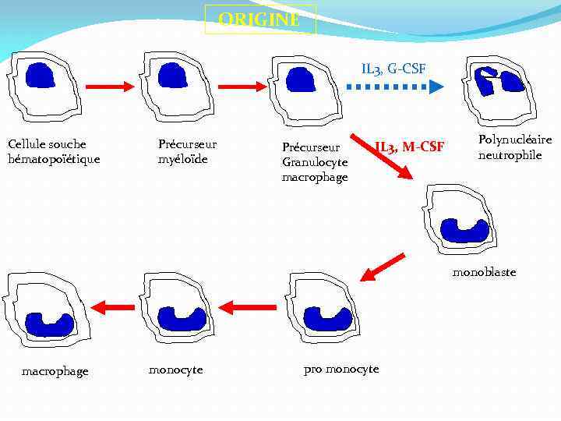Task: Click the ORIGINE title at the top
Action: coord(259,19)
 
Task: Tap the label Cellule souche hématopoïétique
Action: coord(54,151)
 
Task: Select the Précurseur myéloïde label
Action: coord(187,151)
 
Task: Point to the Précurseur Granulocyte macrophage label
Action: coord(315,162)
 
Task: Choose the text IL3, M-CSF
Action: coord(410,146)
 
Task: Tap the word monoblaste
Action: coord(484,272)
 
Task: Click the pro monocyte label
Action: coord(341,369)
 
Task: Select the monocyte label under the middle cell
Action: coord(175,370)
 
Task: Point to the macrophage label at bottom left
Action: coord(55,371)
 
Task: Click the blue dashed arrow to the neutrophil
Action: coord(393,87)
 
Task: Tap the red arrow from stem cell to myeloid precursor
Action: coord(109,87)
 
